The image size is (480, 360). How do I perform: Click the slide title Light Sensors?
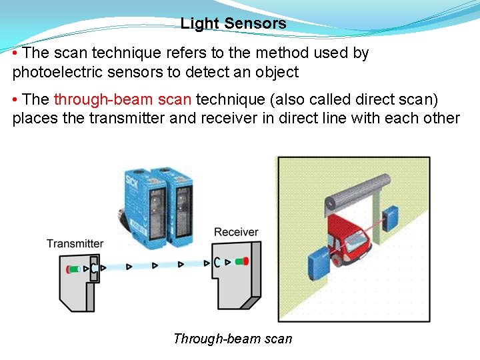coord(233,24)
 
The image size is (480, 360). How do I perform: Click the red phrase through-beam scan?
coord(123,100)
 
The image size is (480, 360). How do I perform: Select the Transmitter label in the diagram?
coord(75,243)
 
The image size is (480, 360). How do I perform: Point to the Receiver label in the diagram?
coord(236,232)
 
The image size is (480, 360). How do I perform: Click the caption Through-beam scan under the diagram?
coord(232,339)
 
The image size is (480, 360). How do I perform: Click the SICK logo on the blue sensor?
coord(131,181)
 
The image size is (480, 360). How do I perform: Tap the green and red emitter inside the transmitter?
coord(73,269)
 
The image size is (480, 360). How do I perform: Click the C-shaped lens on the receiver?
coord(217,262)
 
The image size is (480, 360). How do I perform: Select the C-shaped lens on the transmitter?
coord(94,269)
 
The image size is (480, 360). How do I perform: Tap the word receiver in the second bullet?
coord(244,119)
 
